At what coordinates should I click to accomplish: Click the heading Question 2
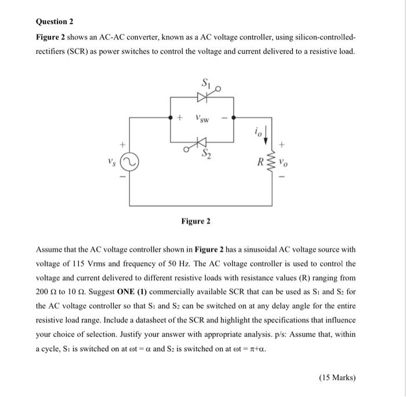tap(55, 22)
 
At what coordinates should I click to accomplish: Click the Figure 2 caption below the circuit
tap(196, 221)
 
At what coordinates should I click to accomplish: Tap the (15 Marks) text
tap(337, 378)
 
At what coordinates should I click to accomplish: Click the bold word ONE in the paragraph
tap(128, 291)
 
